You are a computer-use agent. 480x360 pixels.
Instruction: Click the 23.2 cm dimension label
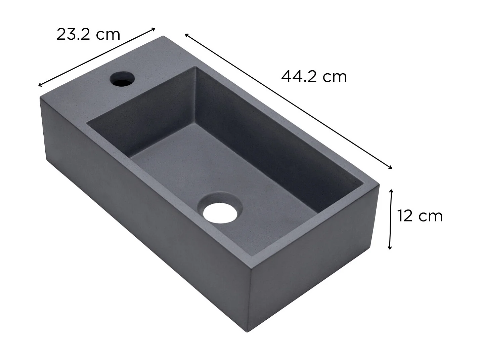(x=88, y=34)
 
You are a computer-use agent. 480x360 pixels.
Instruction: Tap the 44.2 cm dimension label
(x=314, y=77)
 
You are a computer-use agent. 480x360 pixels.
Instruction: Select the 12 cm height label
(x=420, y=216)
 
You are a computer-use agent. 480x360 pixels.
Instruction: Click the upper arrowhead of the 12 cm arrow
(x=391, y=191)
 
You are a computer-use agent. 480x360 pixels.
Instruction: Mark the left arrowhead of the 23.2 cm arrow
(x=40, y=85)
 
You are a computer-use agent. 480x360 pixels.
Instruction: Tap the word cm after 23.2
(x=108, y=34)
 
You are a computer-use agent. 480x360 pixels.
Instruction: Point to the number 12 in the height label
(x=405, y=216)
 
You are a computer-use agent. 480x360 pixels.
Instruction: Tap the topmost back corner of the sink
(x=163, y=36)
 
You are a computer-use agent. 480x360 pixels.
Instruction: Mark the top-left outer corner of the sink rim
(x=41, y=98)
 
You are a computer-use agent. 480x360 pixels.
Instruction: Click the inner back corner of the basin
(x=195, y=67)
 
